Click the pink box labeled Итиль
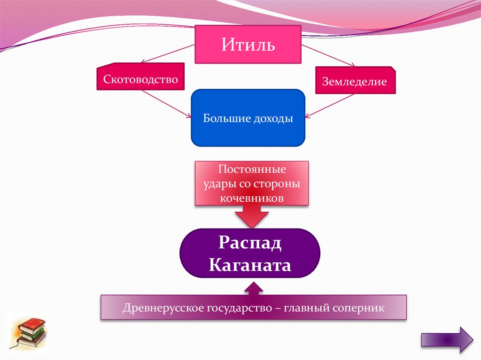tap(248, 45)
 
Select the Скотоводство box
tap(140, 77)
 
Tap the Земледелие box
tap(356, 80)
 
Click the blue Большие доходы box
tap(248, 118)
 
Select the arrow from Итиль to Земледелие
tap(328, 55)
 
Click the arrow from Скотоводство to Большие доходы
tap(166, 104)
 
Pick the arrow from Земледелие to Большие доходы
tap(330, 106)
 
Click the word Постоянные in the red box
tap(252, 169)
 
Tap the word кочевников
tap(252, 198)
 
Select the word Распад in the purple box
tap(250, 243)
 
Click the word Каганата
tap(250, 265)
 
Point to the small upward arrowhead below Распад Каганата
tap(254, 289)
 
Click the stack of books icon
tap(29, 333)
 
